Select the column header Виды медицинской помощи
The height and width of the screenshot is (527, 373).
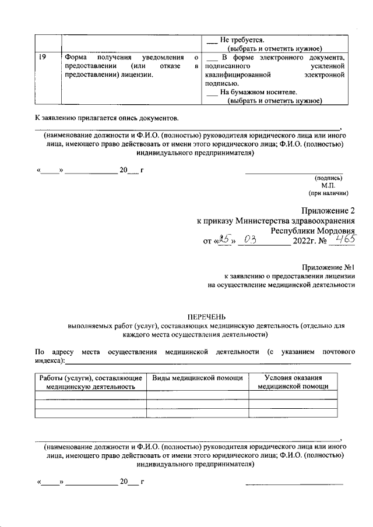click(198, 378)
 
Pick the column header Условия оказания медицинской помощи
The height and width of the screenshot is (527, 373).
click(293, 382)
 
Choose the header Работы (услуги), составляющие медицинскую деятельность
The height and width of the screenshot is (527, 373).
click(90, 382)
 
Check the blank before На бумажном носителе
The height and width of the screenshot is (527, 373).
click(212, 92)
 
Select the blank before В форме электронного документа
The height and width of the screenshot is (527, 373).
click(212, 58)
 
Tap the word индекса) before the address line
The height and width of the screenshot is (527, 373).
click(49, 361)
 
